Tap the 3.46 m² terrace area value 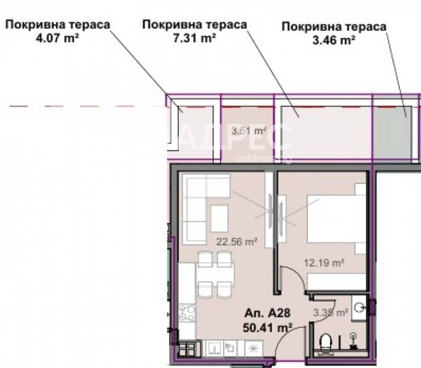(x=334, y=39)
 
